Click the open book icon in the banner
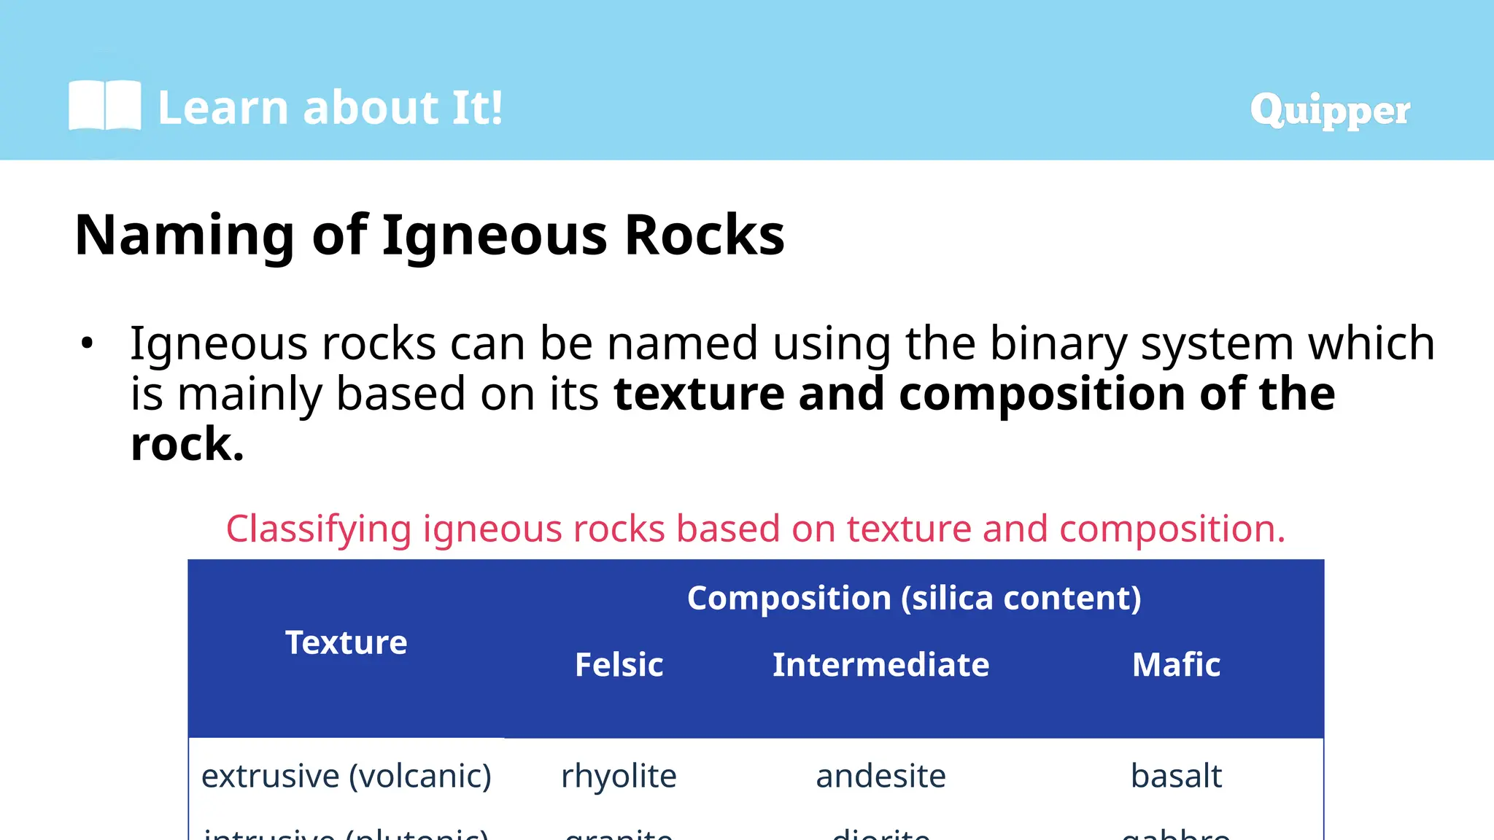(104, 106)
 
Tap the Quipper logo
(1329, 111)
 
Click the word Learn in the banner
(223, 108)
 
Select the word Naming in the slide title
(185, 236)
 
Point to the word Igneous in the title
(494, 236)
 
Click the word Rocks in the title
(704, 236)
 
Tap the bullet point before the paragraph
(88, 343)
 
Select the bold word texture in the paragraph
(699, 394)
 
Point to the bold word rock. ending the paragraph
(187, 445)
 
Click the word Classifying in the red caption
(319, 529)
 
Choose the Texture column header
(346, 642)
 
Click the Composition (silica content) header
(914, 598)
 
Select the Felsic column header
(619, 664)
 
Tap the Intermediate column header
(880, 664)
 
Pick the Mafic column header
(1176, 664)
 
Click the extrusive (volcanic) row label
(346, 776)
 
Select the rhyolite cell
(619, 776)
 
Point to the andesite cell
(880, 776)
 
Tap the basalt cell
(1176, 776)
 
